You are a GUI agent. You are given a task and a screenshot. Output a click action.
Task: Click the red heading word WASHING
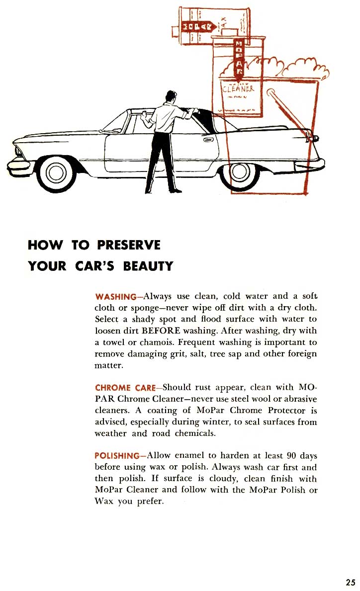pyautogui.click(x=115, y=297)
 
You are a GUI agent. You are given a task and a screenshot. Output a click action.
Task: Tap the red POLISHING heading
pyautogui.click(x=117, y=456)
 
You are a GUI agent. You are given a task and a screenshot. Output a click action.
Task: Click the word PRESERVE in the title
pyautogui.click(x=129, y=245)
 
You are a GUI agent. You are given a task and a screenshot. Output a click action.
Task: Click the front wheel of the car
pyautogui.click(x=56, y=172)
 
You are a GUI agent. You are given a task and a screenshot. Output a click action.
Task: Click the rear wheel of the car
pyautogui.click(x=239, y=172)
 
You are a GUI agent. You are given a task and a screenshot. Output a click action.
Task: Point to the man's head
pyautogui.click(x=171, y=96)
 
